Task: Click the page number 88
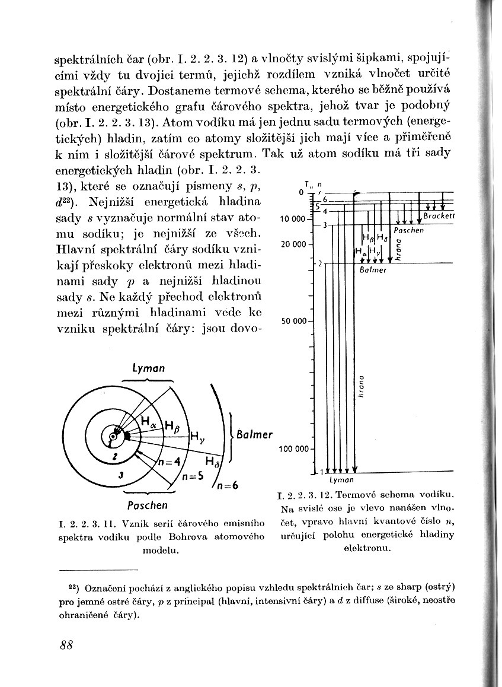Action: (66, 645)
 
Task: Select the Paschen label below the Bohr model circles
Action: (148, 505)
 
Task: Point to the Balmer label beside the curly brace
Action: (254, 434)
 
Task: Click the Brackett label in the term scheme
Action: (439, 217)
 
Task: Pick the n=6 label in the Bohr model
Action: (227, 485)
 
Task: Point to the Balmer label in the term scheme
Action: (373, 270)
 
